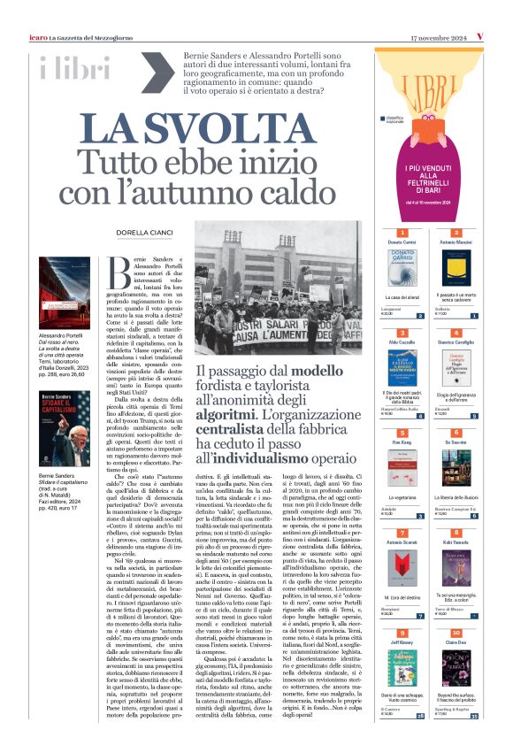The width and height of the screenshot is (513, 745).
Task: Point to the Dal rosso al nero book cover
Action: click(65, 294)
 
